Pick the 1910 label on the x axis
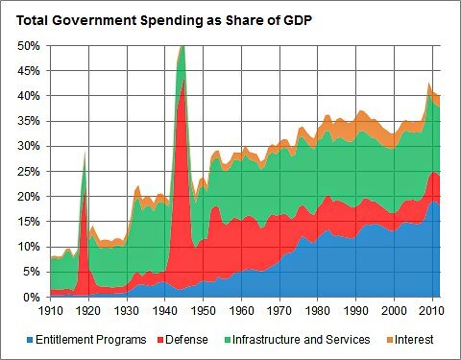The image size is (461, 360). (x=51, y=311)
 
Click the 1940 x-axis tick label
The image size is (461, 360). (x=164, y=311)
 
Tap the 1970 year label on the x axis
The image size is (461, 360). (x=278, y=311)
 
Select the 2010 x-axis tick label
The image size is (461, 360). (x=428, y=311)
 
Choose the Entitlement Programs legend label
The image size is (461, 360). (x=92, y=339)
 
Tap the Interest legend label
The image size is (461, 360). (x=414, y=339)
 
